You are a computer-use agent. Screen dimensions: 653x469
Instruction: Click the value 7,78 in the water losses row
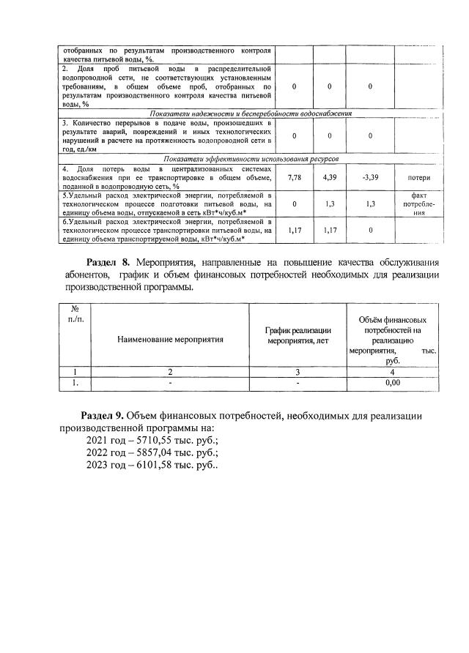coord(295,178)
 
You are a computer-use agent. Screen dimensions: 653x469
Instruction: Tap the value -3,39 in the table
coord(371,178)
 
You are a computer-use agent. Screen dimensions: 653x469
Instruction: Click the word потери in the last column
coord(418,178)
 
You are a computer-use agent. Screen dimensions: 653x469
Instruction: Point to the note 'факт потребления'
coord(418,204)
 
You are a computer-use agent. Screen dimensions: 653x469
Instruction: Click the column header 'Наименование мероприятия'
coord(169,339)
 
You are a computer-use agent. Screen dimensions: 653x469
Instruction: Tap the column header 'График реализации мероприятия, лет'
coord(298,335)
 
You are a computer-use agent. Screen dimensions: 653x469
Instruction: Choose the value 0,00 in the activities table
coord(393,381)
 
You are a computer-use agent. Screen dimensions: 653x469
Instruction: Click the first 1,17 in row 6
coord(295,230)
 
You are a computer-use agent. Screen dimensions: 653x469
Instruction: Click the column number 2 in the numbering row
coord(169,371)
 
